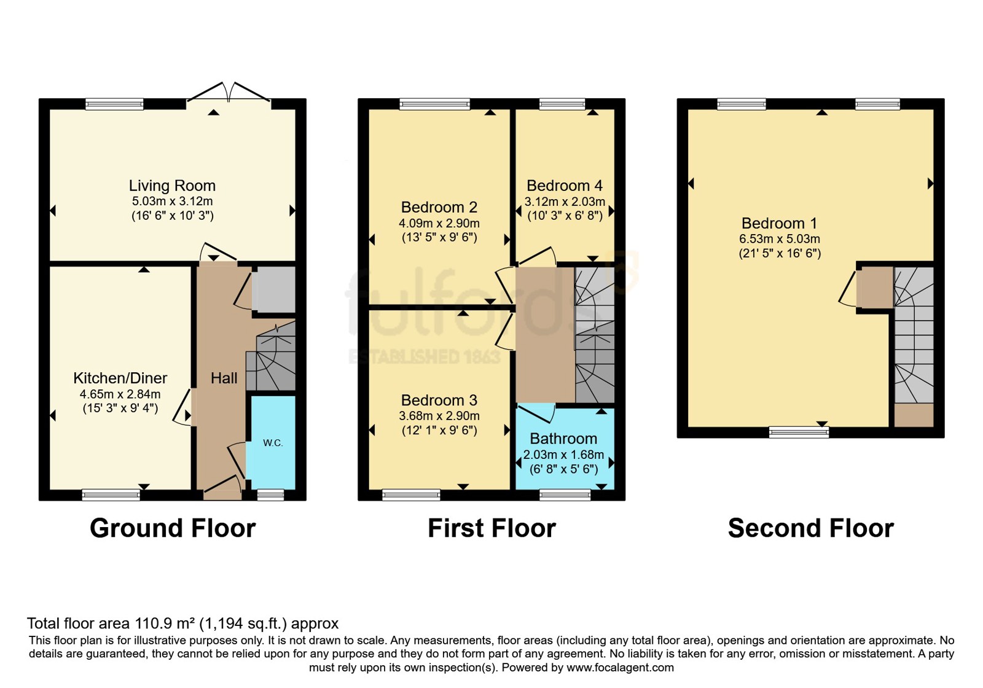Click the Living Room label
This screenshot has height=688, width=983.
[172, 186]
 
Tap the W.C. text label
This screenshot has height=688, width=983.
[273, 443]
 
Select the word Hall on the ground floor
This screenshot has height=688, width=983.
[224, 378]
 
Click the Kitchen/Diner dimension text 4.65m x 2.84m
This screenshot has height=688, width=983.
[120, 394]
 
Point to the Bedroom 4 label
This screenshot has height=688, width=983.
[565, 186]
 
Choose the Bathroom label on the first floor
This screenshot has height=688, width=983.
[563, 439]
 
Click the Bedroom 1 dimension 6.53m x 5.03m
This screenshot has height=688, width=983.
[780, 239]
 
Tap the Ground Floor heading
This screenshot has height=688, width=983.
[173, 528]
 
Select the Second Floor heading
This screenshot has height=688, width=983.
[811, 528]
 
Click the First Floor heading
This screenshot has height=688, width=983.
[491, 528]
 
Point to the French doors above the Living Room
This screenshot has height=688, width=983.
[229, 93]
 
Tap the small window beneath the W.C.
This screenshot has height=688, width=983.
[270, 495]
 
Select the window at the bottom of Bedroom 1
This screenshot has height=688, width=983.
[799, 432]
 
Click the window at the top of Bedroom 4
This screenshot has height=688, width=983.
[562, 104]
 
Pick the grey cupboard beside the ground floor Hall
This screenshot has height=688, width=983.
[273, 289]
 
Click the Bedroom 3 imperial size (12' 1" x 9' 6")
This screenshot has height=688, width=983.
[439, 430]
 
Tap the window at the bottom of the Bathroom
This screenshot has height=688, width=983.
[565, 495]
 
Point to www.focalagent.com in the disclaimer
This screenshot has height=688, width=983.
[620, 668]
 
